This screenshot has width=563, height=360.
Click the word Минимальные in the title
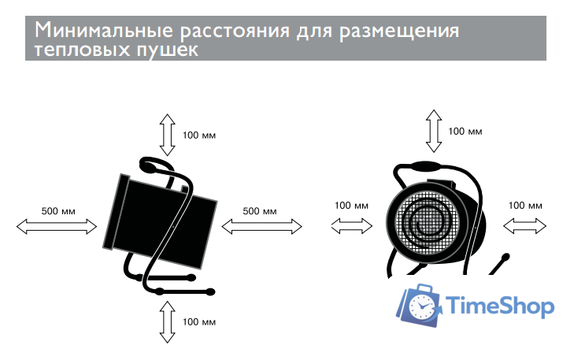click(104, 30)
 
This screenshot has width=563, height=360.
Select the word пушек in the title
click(167, 49)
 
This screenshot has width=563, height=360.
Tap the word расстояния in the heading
click(235, 31)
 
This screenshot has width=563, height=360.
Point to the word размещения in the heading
click(399, 32)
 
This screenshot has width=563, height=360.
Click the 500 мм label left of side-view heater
click(58, 211)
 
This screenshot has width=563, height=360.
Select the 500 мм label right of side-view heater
click(260, 211)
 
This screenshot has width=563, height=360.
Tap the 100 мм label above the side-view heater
click(199, 135)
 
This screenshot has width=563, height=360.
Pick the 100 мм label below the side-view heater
click(199, 321)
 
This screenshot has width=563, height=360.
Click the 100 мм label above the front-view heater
click(465, 131)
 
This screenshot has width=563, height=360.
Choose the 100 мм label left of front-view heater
click(351, 205)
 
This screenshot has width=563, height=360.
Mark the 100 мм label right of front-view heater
click(525, 205)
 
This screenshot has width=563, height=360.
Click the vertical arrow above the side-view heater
click(167, 135)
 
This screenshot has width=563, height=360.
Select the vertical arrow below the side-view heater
click(167, 322)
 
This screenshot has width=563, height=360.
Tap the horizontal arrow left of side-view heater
click(57, 226)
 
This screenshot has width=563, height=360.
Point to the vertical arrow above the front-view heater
click(434, 131)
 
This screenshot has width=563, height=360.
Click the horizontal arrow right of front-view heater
click(524, 226)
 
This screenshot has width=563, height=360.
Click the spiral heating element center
click(427, 224)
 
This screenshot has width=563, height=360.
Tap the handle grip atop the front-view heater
click(426, 167)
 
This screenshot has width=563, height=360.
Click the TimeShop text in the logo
click(500, 306)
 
